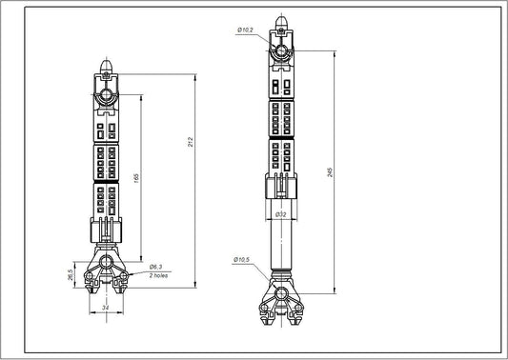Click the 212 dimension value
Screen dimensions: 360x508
tap(193, 143)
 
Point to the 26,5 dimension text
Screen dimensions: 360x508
tap(71, 273)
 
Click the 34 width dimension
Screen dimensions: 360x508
tap(105, 307)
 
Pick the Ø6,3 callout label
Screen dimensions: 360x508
tap(156, 266)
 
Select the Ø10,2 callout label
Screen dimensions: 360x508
tap(246, 31)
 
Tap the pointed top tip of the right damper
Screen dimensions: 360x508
tap(279, 20)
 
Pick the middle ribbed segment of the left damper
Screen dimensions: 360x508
tap(105, 162)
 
